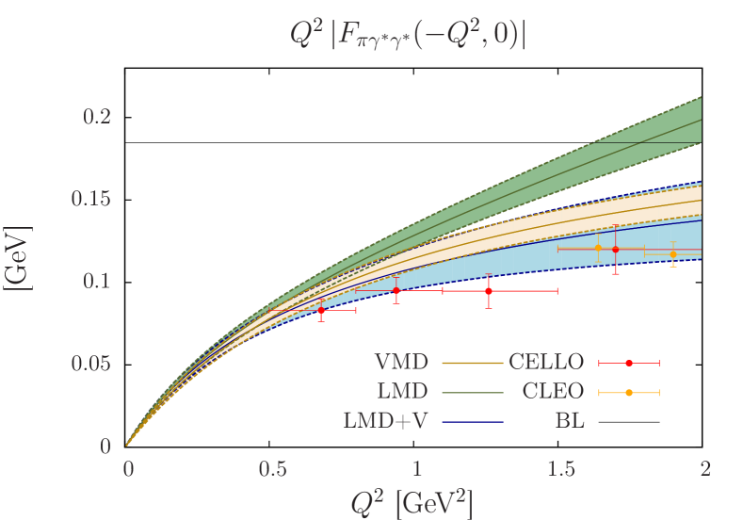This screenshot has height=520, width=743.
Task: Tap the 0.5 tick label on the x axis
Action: coord(272,468)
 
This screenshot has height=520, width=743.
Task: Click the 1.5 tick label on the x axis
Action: coord(560,468)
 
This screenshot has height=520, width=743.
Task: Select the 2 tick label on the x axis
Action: coord(704,468)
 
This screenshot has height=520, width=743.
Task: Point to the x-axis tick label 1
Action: coord(416,468)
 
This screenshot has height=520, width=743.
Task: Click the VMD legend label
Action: coord(400,363)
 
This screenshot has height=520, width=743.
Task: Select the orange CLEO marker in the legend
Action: coord(629,392)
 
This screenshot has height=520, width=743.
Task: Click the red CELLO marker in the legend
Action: coord(629,363)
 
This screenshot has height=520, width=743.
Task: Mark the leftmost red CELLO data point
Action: coord(321,310)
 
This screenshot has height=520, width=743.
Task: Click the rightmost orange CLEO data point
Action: coord(672,254)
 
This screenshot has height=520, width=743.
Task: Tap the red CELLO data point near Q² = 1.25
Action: coord(488,291)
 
